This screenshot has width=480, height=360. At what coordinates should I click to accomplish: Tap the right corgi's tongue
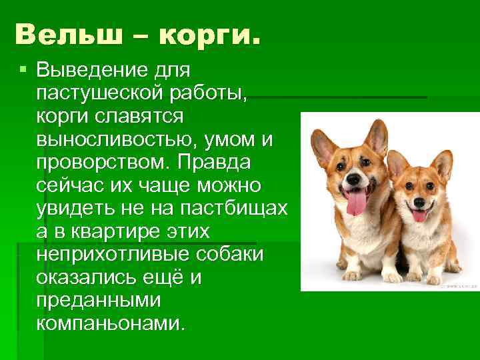coord(419,215)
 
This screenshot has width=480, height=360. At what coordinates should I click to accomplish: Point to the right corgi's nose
coord(419,200)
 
